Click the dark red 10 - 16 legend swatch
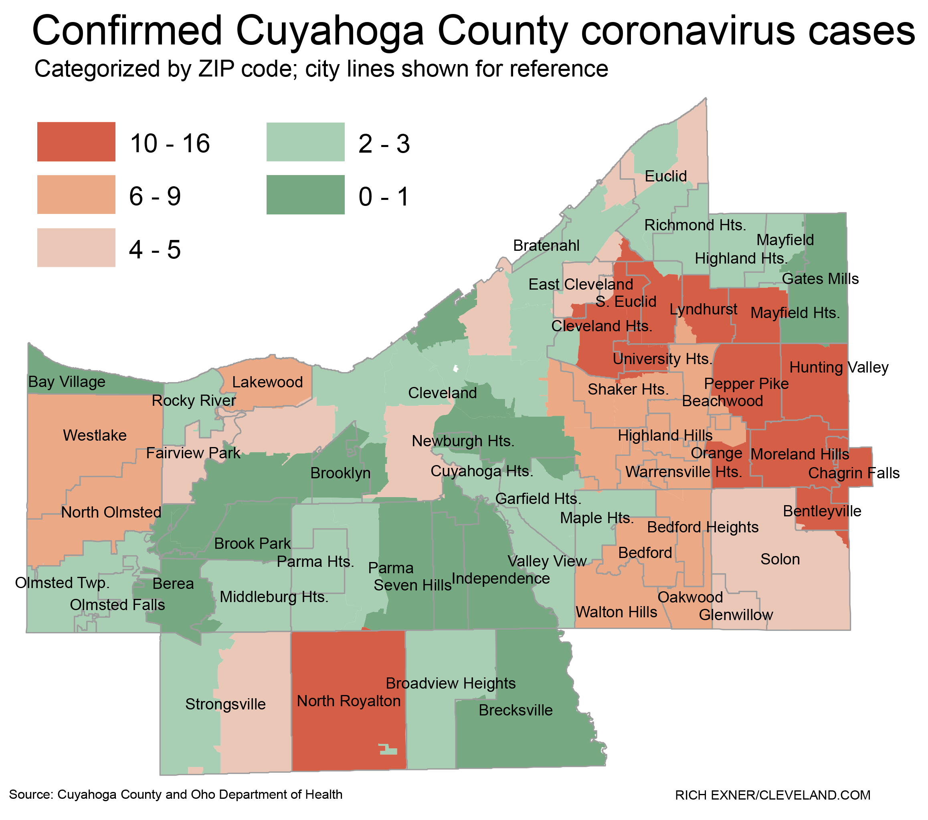(x=76, y=141)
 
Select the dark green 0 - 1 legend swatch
(x=305, y=195)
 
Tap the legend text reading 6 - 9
(x=155, y=197)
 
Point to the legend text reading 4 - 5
(x=155, y=250)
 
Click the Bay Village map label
(x=67, y=382)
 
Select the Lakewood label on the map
(x=267, y=382)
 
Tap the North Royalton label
(x=349, y=701)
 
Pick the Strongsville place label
(x=225, y=704)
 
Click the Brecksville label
(x=516, y=710)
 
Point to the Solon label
(x=780, y=559)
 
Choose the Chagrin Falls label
(x=853, y=473)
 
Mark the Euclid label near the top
(x=665, y=176)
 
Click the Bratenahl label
(x=546, y=246)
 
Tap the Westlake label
(x=95, y=435)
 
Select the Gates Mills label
(x=821, y=279)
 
